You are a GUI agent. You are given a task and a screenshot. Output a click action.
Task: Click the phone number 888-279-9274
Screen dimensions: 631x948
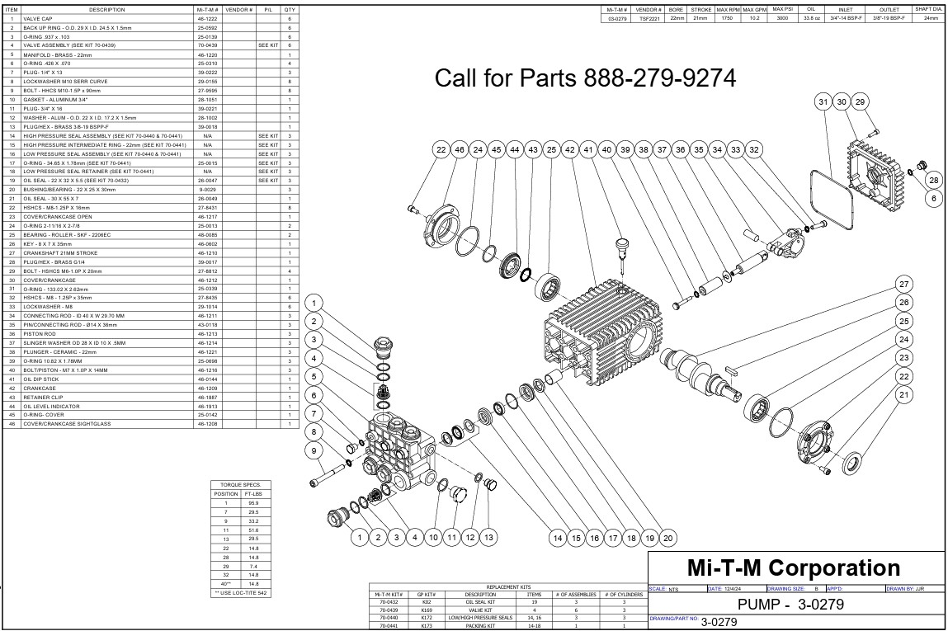[659, 78]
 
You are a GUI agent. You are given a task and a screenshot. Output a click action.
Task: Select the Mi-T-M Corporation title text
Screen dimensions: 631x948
[794, 568]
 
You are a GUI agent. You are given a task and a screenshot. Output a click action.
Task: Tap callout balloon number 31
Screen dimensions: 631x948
[823, 101]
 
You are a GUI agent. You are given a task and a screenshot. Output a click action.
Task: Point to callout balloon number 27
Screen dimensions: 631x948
[903, 285]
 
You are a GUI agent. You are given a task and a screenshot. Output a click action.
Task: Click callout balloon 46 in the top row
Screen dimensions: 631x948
[460, 149]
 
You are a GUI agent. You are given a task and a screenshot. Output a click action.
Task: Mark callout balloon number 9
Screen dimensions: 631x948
[314, 450]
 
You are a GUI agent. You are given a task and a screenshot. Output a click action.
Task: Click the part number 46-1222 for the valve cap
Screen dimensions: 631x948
[207, 17]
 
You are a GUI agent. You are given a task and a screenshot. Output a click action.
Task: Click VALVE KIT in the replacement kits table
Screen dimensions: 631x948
[480, 610]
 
